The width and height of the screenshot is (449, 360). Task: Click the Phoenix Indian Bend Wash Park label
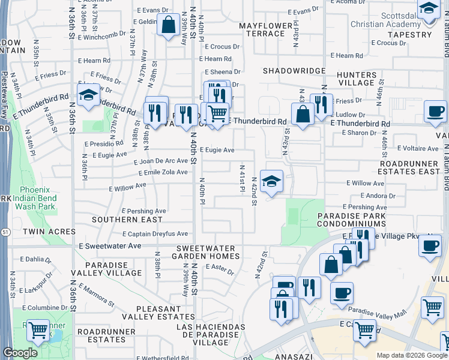point(34,202)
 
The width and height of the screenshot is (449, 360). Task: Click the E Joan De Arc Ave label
point(161,161)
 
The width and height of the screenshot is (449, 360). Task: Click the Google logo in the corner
point(20,353)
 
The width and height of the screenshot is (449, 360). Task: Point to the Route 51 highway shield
point(4,214)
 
